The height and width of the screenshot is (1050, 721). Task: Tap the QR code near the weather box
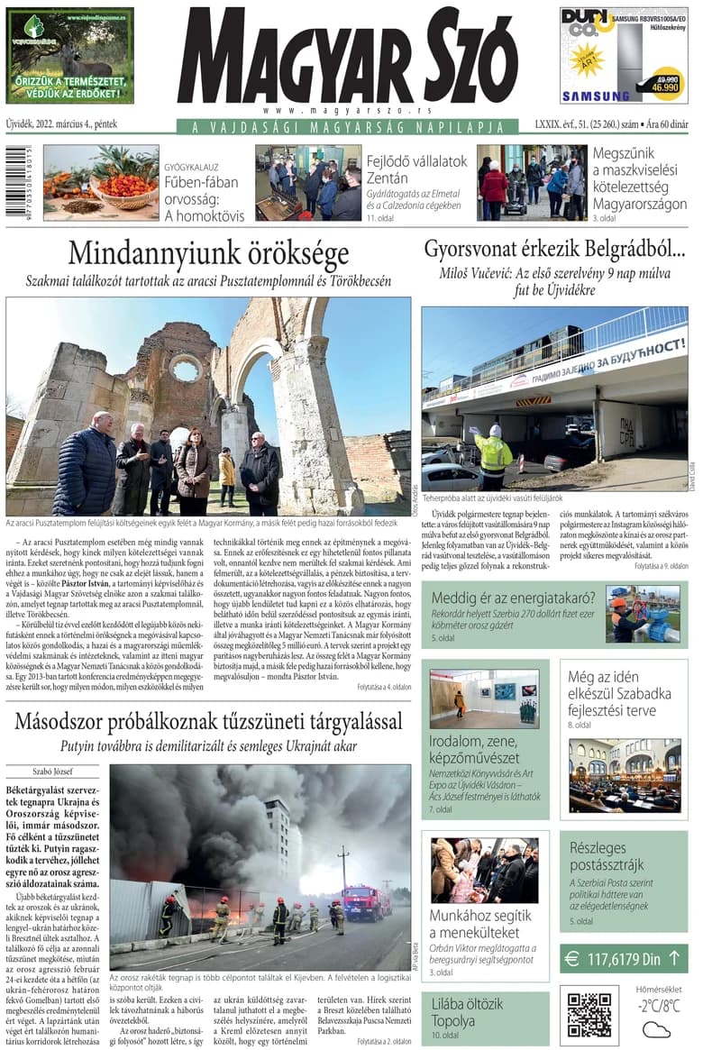pos(589,1014)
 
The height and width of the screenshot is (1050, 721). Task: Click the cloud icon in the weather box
pos(656,1028)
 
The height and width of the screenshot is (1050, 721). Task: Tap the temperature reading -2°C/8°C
pos(659,1007)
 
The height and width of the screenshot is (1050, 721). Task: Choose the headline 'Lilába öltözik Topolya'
pos(467,1012)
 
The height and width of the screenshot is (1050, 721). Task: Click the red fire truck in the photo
pos(365,901)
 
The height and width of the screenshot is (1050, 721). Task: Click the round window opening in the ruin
pos(186,369)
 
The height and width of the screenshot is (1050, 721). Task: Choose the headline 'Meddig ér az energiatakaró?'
pos(513,598)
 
